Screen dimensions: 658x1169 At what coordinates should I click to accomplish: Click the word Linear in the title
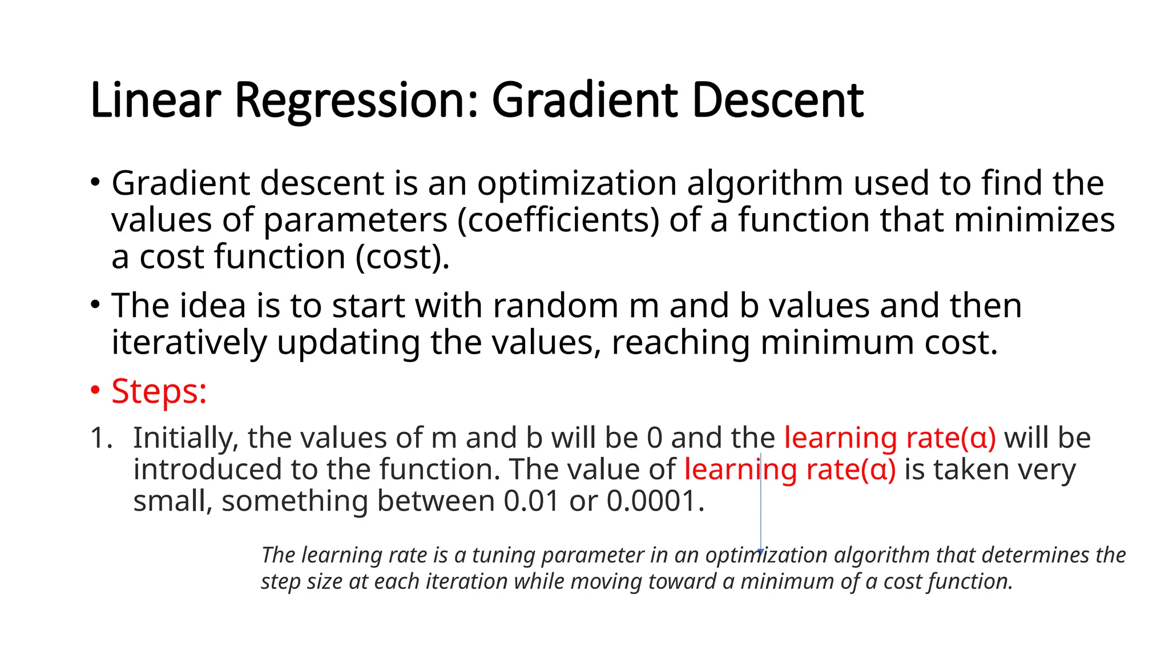pyautogui.click(x=155, y=101)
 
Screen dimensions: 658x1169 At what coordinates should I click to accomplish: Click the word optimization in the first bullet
pyautogui.click(x=577, y=184)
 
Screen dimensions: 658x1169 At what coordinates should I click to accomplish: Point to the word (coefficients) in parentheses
pyautogui.click(x=558, y=221)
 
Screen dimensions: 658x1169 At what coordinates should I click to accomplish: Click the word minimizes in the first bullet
pyautogui.click(x=1034, y=220)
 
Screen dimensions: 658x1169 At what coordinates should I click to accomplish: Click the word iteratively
pyautogui.click(x=189, y=343)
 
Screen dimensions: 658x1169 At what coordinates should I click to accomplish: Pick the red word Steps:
pyautogui.click(x=159, y=392)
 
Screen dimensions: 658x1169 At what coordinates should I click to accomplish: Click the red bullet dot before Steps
pyautogui.click(x=95, y=391)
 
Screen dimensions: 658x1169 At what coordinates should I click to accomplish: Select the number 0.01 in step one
pyautogui.click(x=531, y=501)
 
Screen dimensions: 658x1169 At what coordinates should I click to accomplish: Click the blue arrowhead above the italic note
pyautogui.click(x=760, y=551)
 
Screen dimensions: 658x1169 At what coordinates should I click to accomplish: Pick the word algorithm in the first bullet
pyautogui.click(x=764, y=184)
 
